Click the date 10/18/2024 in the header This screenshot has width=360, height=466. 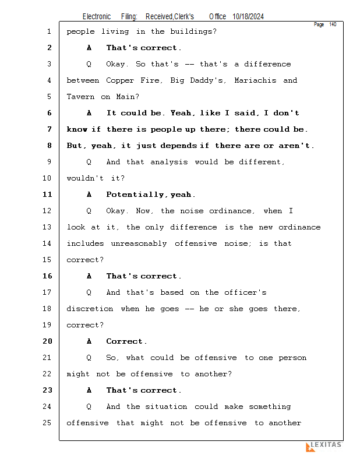point(248,16)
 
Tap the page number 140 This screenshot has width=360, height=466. point(333,24)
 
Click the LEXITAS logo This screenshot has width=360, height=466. point(324,446)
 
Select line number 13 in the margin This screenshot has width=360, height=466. point(47,227)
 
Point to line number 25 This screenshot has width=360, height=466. point(47,423)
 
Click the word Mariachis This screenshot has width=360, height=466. point(255,80)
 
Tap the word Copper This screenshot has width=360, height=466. point(120,80)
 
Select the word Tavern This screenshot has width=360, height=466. point(80,97)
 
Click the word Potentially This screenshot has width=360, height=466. point(135,195)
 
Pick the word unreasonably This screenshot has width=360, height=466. point(139,243)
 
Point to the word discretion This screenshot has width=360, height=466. point(90,309)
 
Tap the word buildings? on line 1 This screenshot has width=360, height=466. point(193,31)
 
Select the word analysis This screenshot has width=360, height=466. point(169,162)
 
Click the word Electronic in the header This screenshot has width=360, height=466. point(97,16)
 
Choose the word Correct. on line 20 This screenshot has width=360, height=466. point(126,341)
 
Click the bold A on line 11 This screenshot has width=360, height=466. point(89,195)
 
